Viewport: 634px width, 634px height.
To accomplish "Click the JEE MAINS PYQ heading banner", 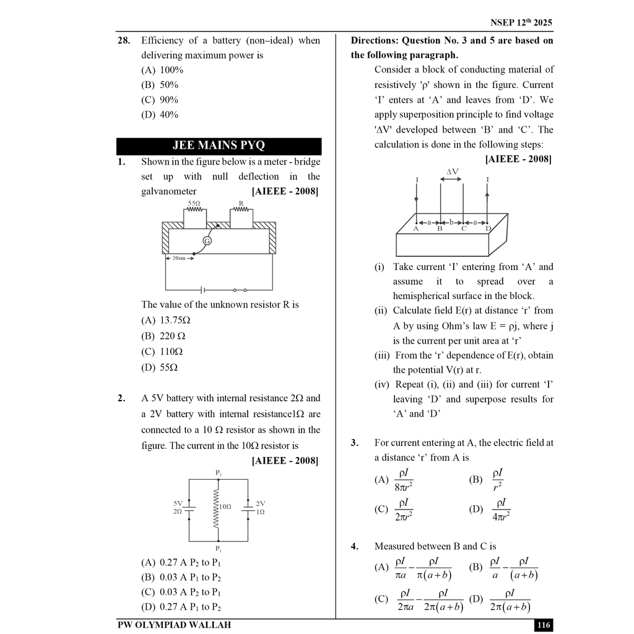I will [x=219, y=146].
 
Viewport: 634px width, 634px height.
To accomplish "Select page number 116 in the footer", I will [x=544, y=625].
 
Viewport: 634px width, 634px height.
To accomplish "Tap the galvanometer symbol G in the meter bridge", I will [x=207, y=241].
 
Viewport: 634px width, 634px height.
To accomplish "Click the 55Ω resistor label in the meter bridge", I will [x=194, y=203].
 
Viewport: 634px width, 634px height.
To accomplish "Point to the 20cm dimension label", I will [x=178, y=258].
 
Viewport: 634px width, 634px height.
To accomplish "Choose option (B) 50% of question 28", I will [x=160, y=85].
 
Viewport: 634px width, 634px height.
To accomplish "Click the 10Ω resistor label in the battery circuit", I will [x=225, y=506].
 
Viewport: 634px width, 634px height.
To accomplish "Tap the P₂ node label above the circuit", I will [x=219, y=472].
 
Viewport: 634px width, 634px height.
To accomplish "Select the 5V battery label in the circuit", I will [x=178, y=503].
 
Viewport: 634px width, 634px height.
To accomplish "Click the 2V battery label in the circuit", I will [x=260, y=503].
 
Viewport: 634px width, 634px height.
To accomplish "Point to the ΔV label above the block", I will [x=452, y=172].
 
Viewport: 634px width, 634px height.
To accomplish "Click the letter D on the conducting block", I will [x=488, y=229].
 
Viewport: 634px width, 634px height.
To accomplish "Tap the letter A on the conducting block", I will [x=416, y=229].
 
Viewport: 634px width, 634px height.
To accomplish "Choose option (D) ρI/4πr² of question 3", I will [x=490, y=510].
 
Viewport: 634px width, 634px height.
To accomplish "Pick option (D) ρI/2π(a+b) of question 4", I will [x=502, y=599].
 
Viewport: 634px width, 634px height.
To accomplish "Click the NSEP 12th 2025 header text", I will [x=521, y=23].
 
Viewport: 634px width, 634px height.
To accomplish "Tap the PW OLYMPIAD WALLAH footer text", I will [x=174, y=625].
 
